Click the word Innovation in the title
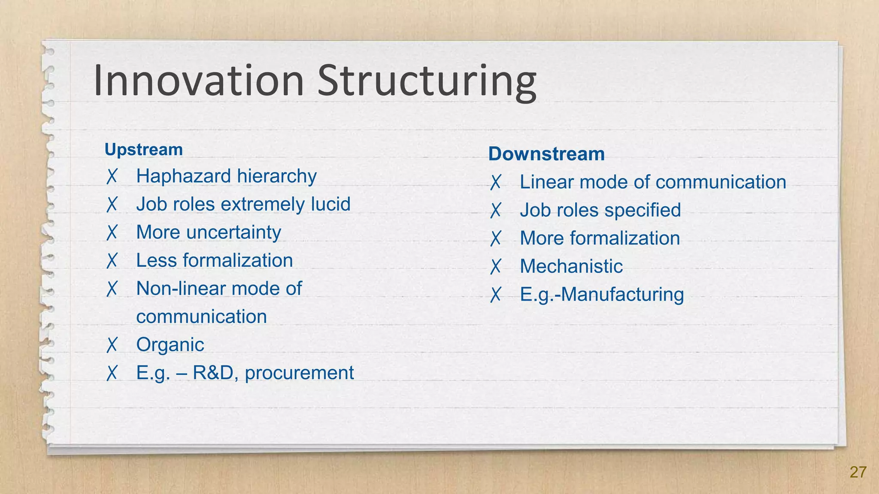coord(198,81)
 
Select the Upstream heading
coord(144,150)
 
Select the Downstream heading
coord(546,154)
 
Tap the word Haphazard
coord(184,176)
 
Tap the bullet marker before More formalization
coord(496,238)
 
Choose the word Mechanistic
coord(571,266)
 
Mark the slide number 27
coord(858,472)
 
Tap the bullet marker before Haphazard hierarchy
coord(112,176)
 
